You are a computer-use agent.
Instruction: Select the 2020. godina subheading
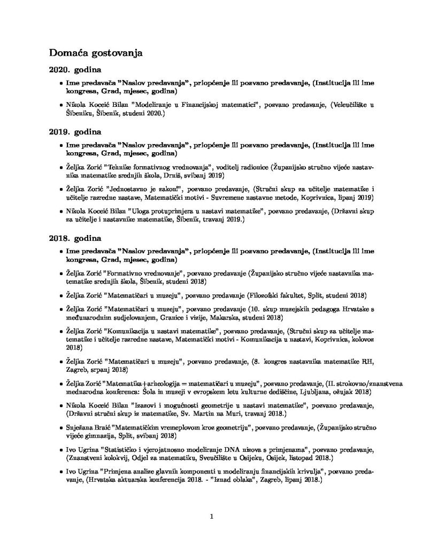(75, 71)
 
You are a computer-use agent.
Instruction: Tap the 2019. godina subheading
(75, 131)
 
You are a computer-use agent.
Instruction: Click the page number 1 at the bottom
(212, 517)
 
